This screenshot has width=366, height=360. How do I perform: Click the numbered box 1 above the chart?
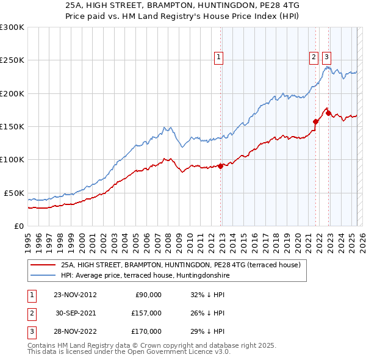[218, 58]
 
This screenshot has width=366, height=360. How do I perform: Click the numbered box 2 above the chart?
[314, 58]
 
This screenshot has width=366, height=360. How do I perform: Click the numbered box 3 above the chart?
[326, 58]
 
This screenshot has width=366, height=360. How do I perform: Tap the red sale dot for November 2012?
[220, 166]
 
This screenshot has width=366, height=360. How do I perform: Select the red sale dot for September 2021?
[315, 121]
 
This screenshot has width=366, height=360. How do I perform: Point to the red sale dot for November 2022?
[328, 113]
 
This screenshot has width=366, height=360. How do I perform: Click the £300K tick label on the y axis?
[12, 27]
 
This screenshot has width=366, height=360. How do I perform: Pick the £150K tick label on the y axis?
[12, 127]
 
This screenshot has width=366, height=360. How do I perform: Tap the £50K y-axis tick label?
[14, 193]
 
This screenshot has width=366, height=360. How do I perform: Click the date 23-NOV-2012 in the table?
[75, 295]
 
